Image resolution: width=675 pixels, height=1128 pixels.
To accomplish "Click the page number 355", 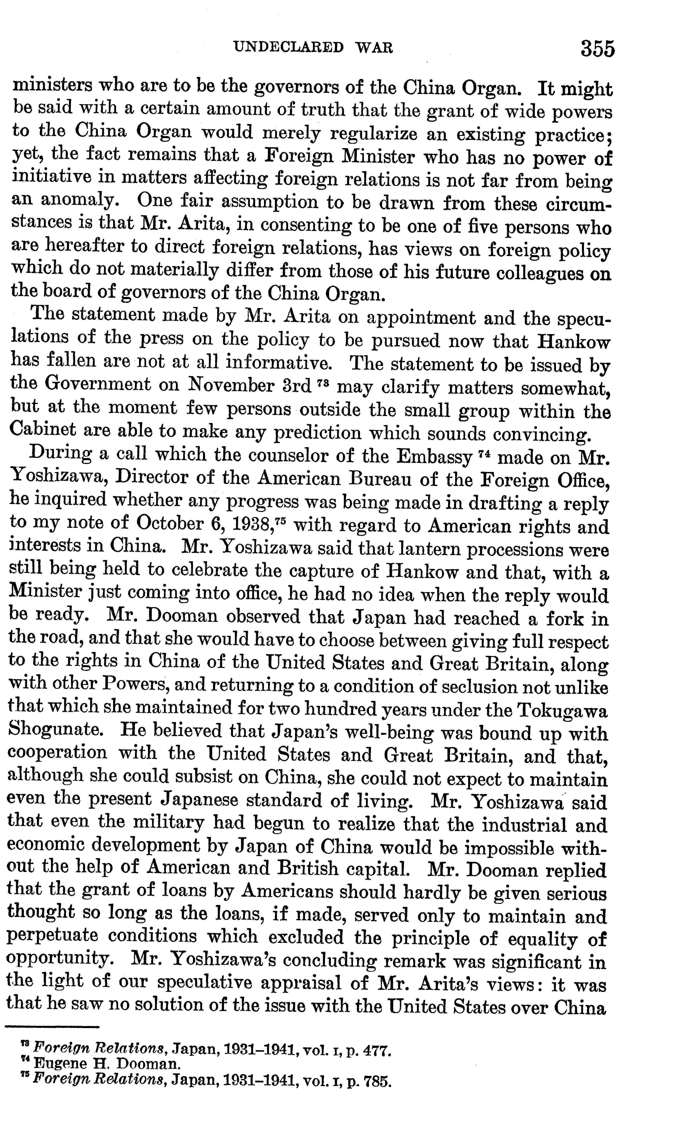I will click(597, 49).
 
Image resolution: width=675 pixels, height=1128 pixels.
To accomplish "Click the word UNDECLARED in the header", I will click(288, 47).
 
